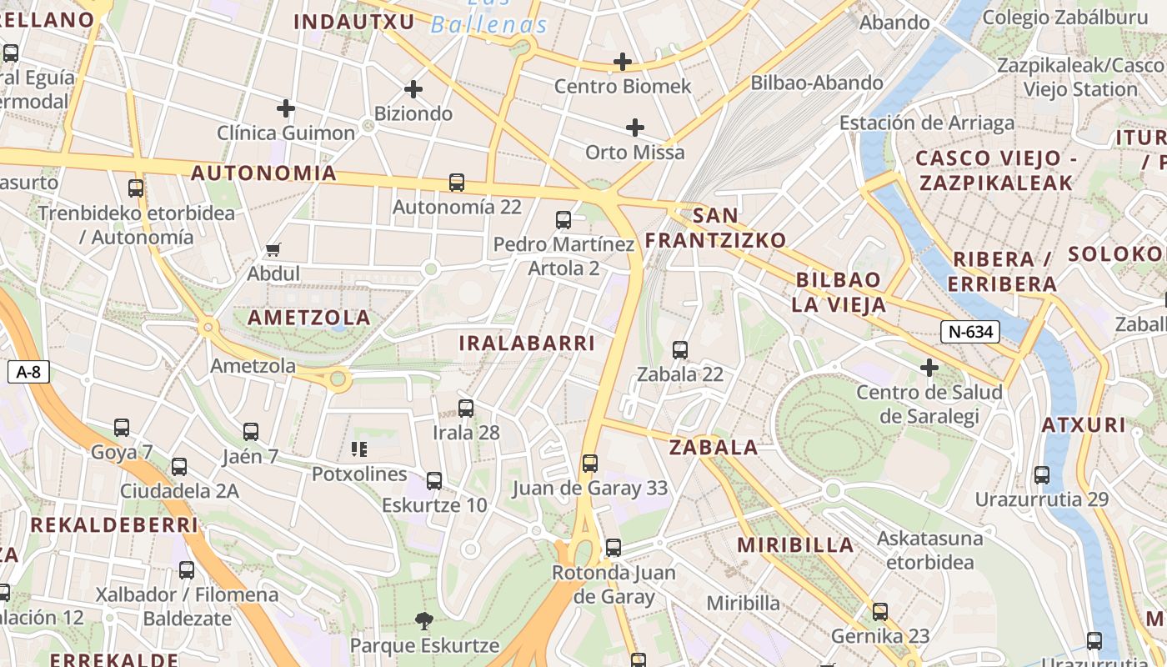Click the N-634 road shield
click(971, 332)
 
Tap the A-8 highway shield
click(29, 372)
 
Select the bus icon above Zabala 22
click(680, 350)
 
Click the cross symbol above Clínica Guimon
click(286, 108)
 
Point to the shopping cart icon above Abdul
click(273, 249)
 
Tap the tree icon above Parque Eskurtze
click(424, 620)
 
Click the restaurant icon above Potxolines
click(359, 450)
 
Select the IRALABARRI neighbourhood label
click(527, 343)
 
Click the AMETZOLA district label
click(309, 318)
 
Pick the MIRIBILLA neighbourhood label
click(795, 545)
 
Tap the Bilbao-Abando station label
click(817, 83)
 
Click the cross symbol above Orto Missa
click(635, 128)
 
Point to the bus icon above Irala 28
click(466, 409)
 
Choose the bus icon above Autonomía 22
click(457, 183)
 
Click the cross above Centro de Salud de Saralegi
click(929, 367)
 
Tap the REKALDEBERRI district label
click(114, 525)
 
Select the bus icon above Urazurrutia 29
click(1042, 475)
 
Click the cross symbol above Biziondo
click(413, 89)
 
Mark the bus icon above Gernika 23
click(880, 612)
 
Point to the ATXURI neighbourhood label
click(1084, 425)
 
